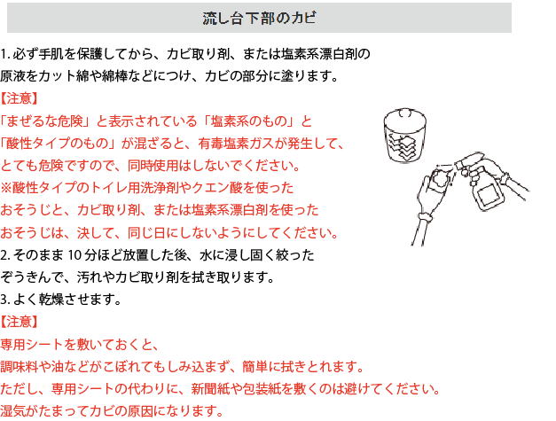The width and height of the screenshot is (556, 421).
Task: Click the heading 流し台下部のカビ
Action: [259, 18]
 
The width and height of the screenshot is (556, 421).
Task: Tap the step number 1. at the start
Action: [5, 54]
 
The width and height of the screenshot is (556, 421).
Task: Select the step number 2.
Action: [5, 255]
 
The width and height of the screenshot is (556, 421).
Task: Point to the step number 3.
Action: [5, 300]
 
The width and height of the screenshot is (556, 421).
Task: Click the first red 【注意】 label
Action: [19, 98]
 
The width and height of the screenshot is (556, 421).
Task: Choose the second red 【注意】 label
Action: [19, 322]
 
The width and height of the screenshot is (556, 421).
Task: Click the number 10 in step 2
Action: [74, 255]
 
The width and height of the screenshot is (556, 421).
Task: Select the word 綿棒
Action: [114, 76]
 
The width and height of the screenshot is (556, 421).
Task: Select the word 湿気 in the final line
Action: [13, 411]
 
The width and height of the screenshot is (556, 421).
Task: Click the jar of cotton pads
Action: [404, 136]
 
